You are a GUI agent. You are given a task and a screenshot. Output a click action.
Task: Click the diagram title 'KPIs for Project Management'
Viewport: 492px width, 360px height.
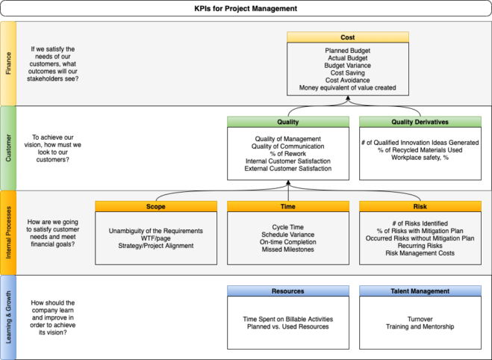point(246,8)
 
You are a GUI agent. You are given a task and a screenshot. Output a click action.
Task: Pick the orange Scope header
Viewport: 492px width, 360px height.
point(155,206)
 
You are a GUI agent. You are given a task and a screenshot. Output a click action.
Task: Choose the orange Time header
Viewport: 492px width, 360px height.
point(287,206)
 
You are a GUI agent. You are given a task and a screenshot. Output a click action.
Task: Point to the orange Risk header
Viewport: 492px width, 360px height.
point(420,206)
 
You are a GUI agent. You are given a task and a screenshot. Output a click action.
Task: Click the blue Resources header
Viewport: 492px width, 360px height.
point(287,291)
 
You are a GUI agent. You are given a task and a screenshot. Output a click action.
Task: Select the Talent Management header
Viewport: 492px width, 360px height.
point(420,291)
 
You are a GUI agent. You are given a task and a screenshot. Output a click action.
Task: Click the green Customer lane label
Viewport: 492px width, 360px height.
point(8,147)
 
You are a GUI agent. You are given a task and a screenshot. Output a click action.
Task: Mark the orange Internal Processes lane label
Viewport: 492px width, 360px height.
point(8,232)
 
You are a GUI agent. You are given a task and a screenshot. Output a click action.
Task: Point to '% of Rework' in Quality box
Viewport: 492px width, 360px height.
point(287,153)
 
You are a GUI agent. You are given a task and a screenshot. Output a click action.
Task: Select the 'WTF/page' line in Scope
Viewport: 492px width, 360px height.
point(155,238)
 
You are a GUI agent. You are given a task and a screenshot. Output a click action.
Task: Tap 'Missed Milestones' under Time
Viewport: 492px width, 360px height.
point(287,249)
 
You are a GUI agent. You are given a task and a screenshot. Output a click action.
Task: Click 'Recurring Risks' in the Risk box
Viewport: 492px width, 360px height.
point(420,246)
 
